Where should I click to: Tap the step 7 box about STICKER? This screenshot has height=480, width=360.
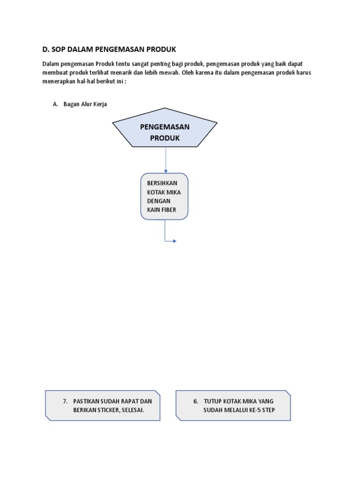[103, 405]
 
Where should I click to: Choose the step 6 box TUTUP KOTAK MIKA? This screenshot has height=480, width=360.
[233, 405]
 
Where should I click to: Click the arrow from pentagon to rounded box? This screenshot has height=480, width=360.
[165, 160]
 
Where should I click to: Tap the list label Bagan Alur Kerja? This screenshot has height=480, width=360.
[85, 104]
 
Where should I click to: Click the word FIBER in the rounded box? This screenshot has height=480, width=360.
[169, 210]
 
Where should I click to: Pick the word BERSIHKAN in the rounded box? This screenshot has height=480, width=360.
[162, 183]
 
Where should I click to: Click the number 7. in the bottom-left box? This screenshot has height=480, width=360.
[65, 401]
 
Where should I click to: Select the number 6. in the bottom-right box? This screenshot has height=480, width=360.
[195, 401]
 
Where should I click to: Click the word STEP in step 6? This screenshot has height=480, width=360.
[267, 410]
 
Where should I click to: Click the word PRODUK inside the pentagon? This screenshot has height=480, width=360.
[165, 138]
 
